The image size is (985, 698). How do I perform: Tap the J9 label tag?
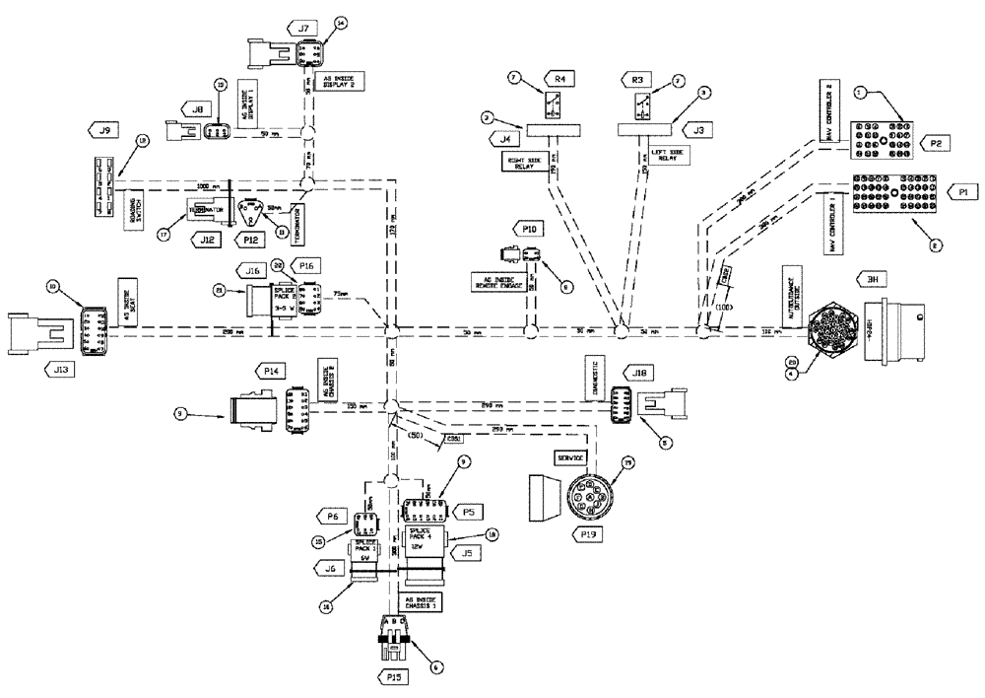click(103, 127)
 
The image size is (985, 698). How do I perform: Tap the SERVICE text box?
click(567, 458)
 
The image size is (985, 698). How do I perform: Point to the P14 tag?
click(271, 370)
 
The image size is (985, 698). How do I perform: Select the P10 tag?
click(529, 229)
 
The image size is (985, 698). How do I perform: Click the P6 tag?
click(329, 515)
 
